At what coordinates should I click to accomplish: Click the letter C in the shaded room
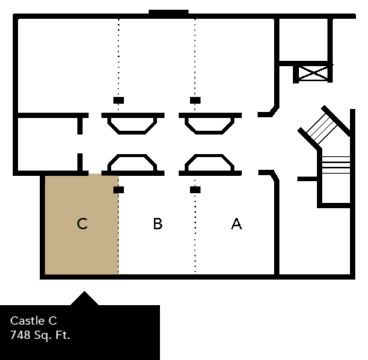83,224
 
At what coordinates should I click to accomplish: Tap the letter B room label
158,224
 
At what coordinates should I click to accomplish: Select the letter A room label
237,224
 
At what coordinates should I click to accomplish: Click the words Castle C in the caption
34,321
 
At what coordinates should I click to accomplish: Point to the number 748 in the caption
21,334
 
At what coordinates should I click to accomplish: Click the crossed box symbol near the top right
313,73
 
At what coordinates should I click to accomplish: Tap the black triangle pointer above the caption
84,298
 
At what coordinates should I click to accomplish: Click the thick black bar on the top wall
168,12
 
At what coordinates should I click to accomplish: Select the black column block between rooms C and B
119,190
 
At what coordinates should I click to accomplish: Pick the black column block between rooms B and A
195,190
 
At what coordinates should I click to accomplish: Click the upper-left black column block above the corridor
119,100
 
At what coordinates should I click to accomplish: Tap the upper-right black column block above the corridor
195,100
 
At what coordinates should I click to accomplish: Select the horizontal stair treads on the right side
336,165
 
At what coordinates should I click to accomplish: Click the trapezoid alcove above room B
133,162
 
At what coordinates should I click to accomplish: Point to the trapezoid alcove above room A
210,162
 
